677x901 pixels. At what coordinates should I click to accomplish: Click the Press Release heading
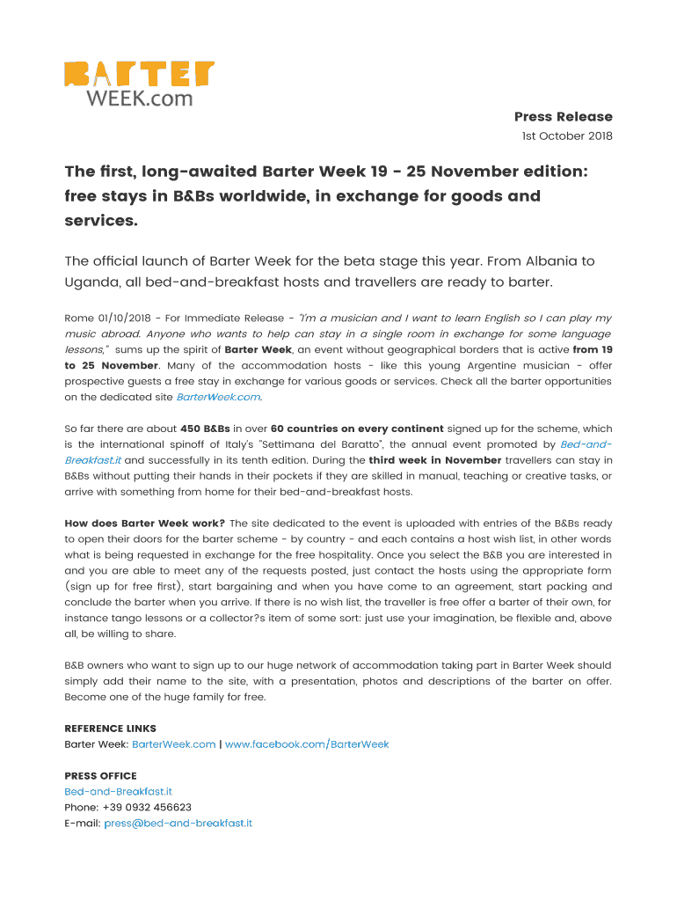click(563, 117)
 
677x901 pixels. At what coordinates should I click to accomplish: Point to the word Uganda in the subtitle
click(92, 282)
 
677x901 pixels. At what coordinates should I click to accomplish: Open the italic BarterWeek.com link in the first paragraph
click(219, 397)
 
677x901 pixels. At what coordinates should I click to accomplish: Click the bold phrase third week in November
click(435, 460)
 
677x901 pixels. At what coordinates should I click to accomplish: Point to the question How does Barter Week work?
click(144, 524)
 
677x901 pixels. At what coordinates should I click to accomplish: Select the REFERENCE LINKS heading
click(111, 729)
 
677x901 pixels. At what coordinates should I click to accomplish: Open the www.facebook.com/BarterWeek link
click(307, 744)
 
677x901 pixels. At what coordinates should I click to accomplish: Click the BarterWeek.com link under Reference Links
click(173, 744)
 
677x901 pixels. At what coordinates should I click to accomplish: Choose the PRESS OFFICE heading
click(100, 776)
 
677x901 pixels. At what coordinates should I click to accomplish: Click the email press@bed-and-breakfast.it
click(178, 824)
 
